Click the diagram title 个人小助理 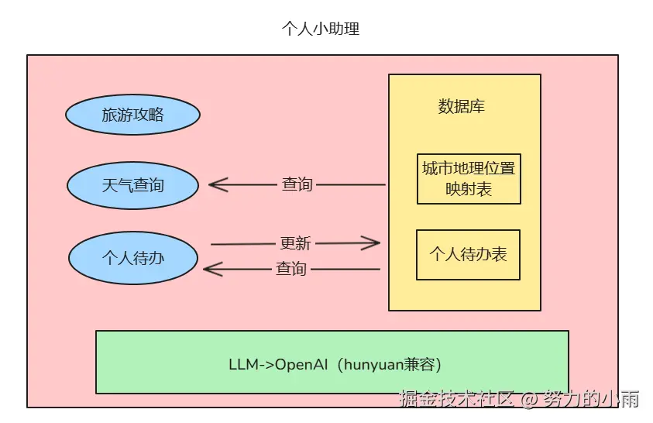point(321,29)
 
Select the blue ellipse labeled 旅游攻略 point(132,115)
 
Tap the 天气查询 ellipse point(132,185)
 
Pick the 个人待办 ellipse point(132,258)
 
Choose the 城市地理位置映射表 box point(469,178)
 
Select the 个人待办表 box point(468,254)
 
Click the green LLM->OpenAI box point(332,362)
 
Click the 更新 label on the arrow point(295,243)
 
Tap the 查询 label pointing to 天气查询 point(297,184)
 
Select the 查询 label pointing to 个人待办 point(291,269)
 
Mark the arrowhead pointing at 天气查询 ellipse point(215,185)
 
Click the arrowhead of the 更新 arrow point(374,243)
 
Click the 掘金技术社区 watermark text point(456,400)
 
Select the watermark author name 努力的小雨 point(590,400)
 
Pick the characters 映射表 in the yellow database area point(469,189)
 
